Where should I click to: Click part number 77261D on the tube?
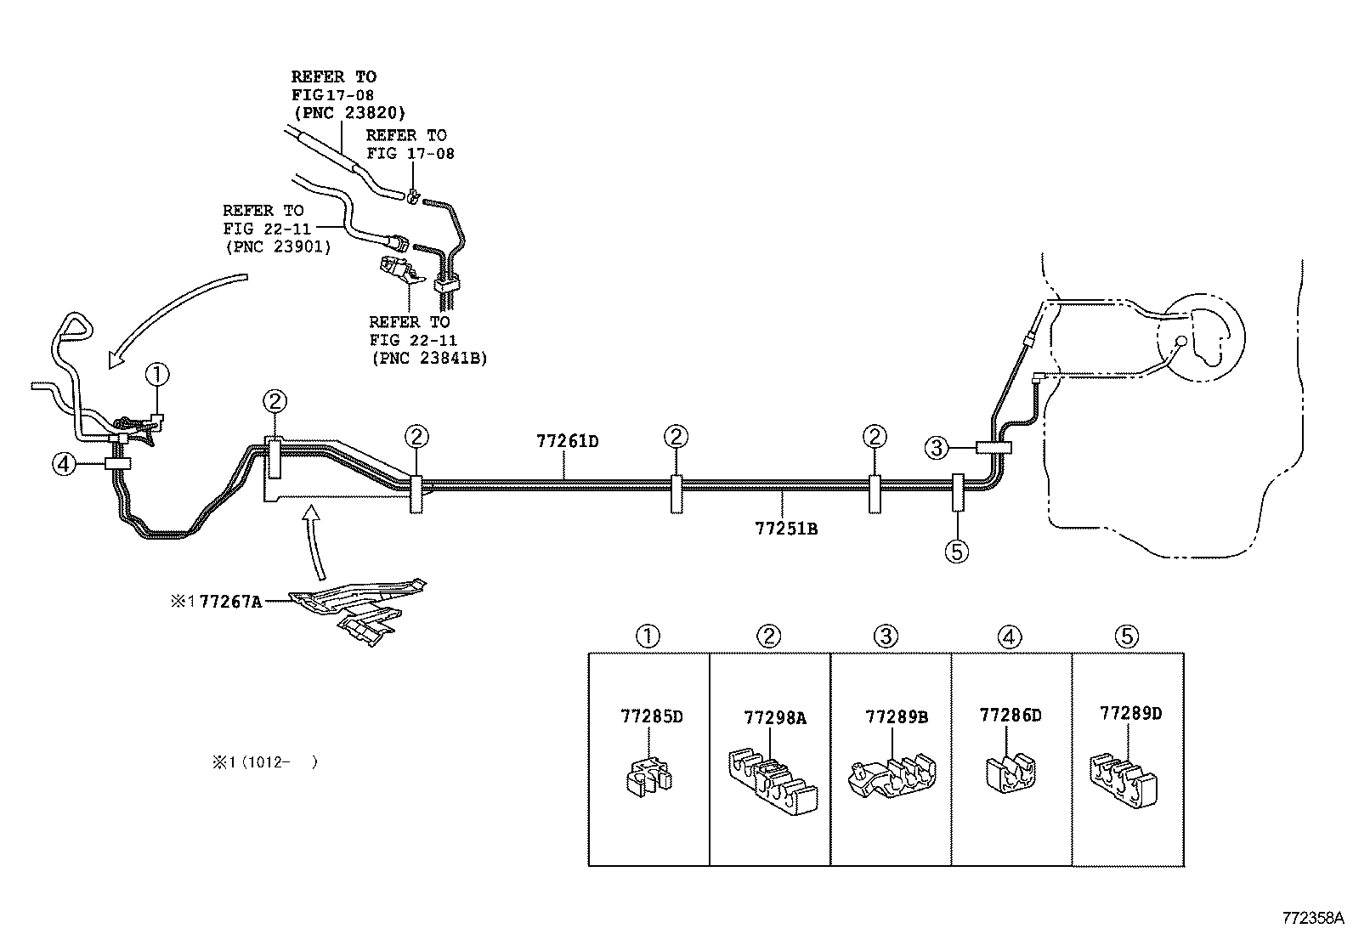pyautogui.click(x=567, y=441)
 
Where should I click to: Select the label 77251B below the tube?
pyautogui.click(x=785, y=529)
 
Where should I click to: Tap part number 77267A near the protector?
pyautogui.click(x=229, y=602)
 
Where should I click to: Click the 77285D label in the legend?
pyautogui.click(x=652, y=716)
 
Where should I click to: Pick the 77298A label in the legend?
pyautogui.click(x=774, y=717)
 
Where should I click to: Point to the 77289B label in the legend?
pyautogui.click(x=897, y=716)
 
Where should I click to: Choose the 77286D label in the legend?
pyautogui.click(x=1010, y=715)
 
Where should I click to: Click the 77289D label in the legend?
pyautogui.click(x=1130, y=713)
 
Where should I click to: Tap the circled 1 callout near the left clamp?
pyautogui.click(x=158, y=373)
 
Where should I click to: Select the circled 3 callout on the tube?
pyautogui.click(x=936, y=447)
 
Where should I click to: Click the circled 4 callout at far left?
pyautogui.click(x=62, y=464)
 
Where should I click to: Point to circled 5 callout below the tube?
pyautogui.click(x=956, y=552)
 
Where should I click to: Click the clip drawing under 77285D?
pyautogui.click(x=648, y=775)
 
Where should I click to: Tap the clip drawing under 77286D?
pyautogui.click(x=1011, y=773)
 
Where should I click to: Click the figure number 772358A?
pyautogui.click(x=1313, y=918)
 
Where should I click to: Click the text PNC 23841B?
pyautogui.click(x=429, y=358)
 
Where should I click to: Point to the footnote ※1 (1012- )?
pyautogui.click(x=264, y=762)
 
